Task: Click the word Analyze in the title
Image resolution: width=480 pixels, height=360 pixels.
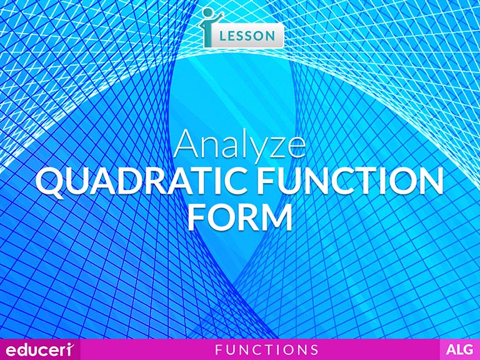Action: tap(240, 145)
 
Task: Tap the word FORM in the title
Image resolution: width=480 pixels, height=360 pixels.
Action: tap(240, 217)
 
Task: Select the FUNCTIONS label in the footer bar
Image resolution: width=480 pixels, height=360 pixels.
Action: tap(266, 349)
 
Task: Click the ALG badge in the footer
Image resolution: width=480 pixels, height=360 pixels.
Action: tap(459, 349)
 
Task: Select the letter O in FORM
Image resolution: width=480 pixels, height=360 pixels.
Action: tap(223, 217)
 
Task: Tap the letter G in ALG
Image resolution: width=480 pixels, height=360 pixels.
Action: tap(469, 349)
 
